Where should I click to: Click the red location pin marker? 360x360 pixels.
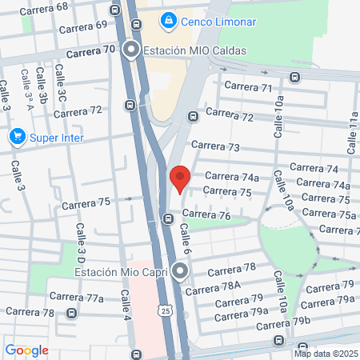180,178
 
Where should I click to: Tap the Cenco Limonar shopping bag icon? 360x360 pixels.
169,21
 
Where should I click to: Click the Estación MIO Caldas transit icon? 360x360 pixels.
130,50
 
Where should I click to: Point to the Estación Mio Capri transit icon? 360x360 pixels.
182,271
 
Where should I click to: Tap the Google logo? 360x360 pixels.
26,350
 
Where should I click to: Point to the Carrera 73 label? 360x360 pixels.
218,147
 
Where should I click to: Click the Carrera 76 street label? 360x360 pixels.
206,214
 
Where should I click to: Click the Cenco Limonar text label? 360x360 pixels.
213,21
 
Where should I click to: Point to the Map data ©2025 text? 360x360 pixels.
325,354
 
